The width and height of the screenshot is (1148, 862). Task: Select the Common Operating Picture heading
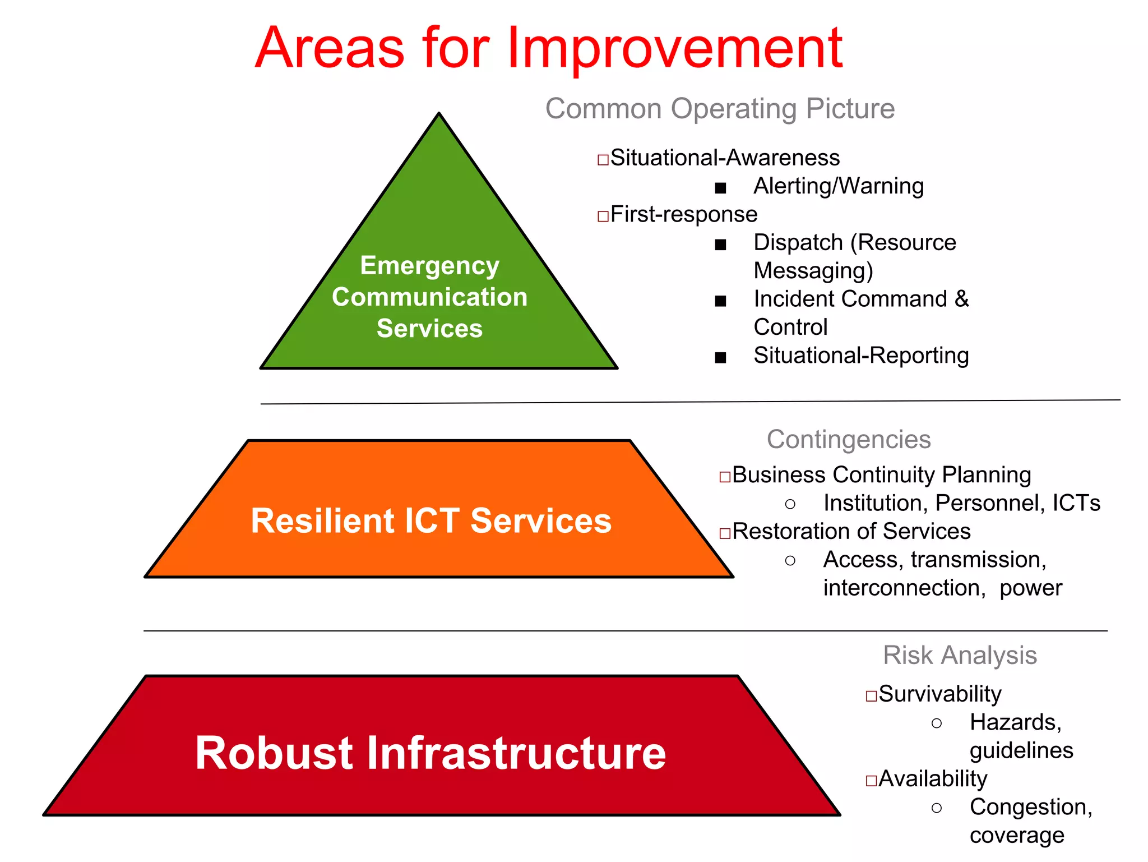click(x=720, y=109)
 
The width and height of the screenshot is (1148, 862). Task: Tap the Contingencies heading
click(x=848, y=439)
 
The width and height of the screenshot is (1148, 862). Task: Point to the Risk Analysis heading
click(x=960, y=655)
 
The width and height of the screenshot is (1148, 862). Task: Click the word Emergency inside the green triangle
click(x=429, y=266)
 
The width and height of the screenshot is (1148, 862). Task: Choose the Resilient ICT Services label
click(x=430, y=520)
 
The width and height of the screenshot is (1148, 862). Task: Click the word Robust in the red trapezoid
click(x=274, y=753)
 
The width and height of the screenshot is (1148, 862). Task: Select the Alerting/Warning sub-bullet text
click(x=838, y=186)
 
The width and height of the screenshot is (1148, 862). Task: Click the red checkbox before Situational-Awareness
click(x=603, y=160)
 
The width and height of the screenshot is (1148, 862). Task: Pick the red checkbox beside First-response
click(x=603, y=216)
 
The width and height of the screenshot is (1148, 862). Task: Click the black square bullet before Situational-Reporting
click(x=720, y=358)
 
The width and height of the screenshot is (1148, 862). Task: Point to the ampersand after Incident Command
click(x=961, y=299)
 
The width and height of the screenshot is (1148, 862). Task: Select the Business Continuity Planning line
click(x=881, y=475)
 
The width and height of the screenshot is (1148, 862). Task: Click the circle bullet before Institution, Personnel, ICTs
click(x=790, y=504)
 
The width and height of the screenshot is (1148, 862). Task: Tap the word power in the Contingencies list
click(x=1030, y=588)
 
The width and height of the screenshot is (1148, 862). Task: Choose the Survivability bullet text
click(x=939, y=694)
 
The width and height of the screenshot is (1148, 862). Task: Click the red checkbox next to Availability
click(x=871, y=781)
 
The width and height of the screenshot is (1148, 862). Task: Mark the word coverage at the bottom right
click(x=1017, y=836)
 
